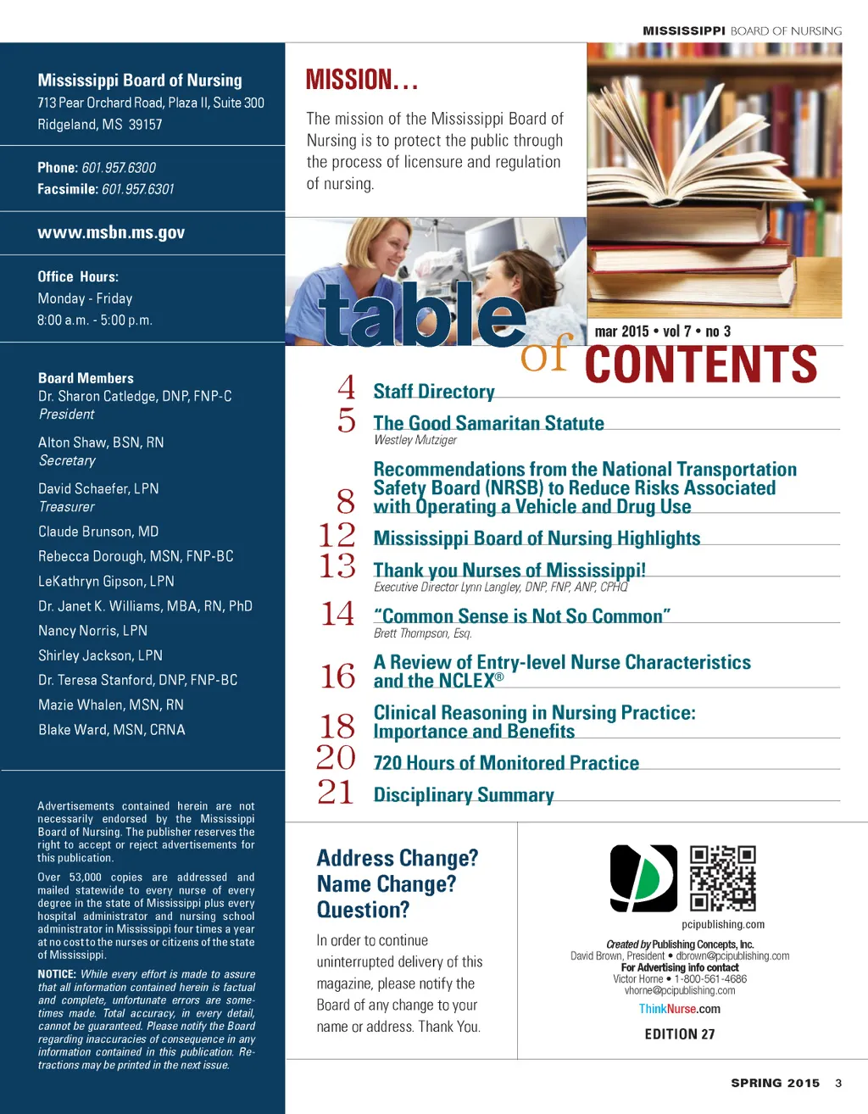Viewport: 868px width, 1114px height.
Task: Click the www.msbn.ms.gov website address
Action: click(x=111, y=233)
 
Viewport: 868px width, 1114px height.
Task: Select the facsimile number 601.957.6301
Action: click(x=137, y=189)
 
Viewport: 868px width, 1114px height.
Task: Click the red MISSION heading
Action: click(x=362, y=81)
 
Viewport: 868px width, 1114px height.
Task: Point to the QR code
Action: click(x=722, y=878)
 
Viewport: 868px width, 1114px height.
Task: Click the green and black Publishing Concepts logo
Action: click(x=643, y=878)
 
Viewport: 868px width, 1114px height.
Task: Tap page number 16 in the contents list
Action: click(x=337, y=677)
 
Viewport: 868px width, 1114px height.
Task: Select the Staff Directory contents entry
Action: click(x=434, y=392)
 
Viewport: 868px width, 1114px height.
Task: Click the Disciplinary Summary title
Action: click(x=464, y=795)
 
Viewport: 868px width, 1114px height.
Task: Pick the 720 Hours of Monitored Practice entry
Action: click(x=506, y=763)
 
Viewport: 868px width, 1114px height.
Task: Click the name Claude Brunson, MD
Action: click(x=98, y=532)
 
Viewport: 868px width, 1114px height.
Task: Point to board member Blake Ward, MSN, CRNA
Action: click(x=111, y=730)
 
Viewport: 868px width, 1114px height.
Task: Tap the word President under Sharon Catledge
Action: click(x=66, y=415)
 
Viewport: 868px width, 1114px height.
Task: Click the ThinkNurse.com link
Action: click(x=679, y=1009)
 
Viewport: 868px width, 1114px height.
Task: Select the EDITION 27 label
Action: click(x=680, y=1034)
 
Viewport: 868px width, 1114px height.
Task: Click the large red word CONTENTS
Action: click(x=701, y=365)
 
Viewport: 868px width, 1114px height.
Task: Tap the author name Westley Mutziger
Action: click(x=415, y=440)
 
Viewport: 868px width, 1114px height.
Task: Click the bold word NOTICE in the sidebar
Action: click(x=57, y=975)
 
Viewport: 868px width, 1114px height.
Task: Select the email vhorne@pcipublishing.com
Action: click(x=680, y=990)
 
